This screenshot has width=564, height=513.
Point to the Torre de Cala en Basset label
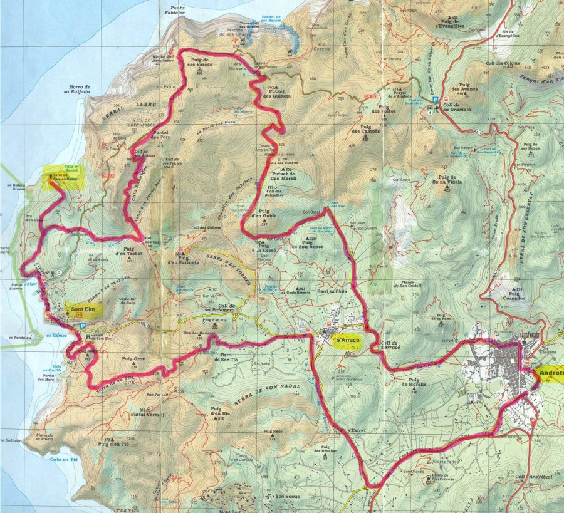click(x=65, y=177)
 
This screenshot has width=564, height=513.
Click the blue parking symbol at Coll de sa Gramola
click(x=434, y=100)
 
